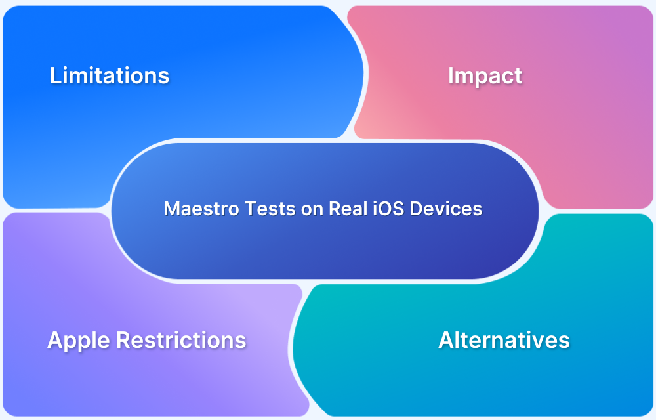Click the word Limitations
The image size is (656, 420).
pos(110,75)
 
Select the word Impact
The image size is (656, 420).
pos(485,77)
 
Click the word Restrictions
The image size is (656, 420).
pos(181,340)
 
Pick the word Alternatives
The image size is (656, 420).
pos(504,340)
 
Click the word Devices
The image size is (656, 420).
pos(446,209)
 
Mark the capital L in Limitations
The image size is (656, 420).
pos(55,75)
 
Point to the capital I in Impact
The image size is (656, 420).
pos(451,75)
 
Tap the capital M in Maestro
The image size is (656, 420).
pos(171,209)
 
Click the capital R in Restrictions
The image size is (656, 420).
pos(123,340)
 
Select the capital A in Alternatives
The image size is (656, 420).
pos(447,340)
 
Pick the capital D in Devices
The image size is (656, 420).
pos(417,209)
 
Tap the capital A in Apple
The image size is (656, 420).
pos(56,340)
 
